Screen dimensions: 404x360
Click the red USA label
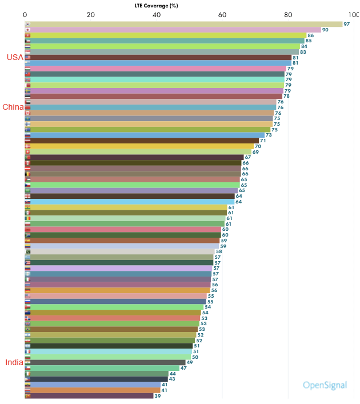[15, 57]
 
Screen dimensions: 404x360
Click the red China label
[13, 107]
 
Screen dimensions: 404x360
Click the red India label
[14, 362]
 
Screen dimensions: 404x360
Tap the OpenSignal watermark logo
[325, 385]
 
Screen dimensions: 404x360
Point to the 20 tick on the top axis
[90, 14]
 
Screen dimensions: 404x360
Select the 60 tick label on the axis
[222, 14]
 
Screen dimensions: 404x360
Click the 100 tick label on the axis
[353, 14]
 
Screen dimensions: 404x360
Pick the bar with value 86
[166, 35]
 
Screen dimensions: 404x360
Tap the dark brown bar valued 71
[142, 141]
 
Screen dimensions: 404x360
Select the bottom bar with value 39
[89, 395]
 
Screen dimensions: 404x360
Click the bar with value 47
[102, 368]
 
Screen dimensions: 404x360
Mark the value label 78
[286, 96]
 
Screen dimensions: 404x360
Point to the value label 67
[247, 157]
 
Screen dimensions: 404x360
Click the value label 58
[219, 251]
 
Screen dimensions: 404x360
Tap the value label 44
[172, 373]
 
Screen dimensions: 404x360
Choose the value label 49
[189, 362]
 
